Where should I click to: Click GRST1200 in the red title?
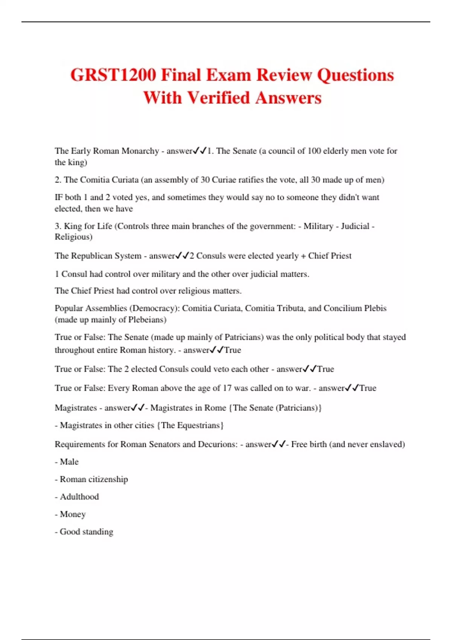113,75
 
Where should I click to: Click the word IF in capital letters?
58,197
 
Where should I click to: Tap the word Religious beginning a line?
73,237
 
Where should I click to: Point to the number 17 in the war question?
227,388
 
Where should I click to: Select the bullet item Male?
69,462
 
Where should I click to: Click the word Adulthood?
79,497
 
